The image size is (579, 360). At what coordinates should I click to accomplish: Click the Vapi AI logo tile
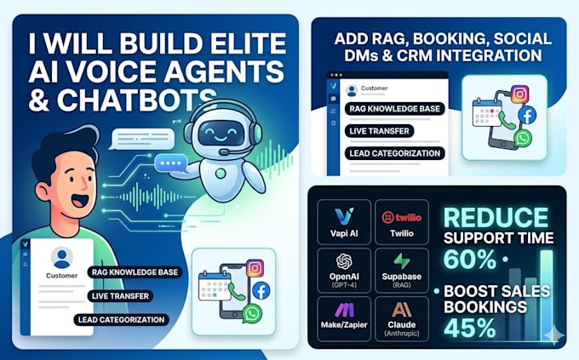coord(344,222)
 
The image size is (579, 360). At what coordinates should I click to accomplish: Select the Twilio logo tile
coord(402,222)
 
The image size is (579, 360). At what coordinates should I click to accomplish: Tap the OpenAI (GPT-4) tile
coord(344,271)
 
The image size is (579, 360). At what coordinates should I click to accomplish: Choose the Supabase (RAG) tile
coord(402,271)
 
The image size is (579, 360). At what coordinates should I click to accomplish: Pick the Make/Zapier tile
coord(344,318)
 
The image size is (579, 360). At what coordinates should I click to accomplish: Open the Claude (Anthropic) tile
coord(402,318)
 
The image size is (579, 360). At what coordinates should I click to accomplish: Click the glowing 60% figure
coord(470,259)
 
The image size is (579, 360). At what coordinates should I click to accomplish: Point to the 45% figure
coord(470,328)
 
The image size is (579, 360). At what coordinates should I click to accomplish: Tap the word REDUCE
coord(496,217)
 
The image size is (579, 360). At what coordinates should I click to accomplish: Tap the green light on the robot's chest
coord(221,173)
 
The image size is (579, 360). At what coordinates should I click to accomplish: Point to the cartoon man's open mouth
coord(81,201)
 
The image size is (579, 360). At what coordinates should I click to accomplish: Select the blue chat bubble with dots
coord(171,163)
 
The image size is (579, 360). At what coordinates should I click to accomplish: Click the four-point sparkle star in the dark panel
coord(553,335)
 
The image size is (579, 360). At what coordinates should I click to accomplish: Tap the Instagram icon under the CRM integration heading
coord(520,94)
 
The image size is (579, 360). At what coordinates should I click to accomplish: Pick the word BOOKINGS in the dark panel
coord(485,307)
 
